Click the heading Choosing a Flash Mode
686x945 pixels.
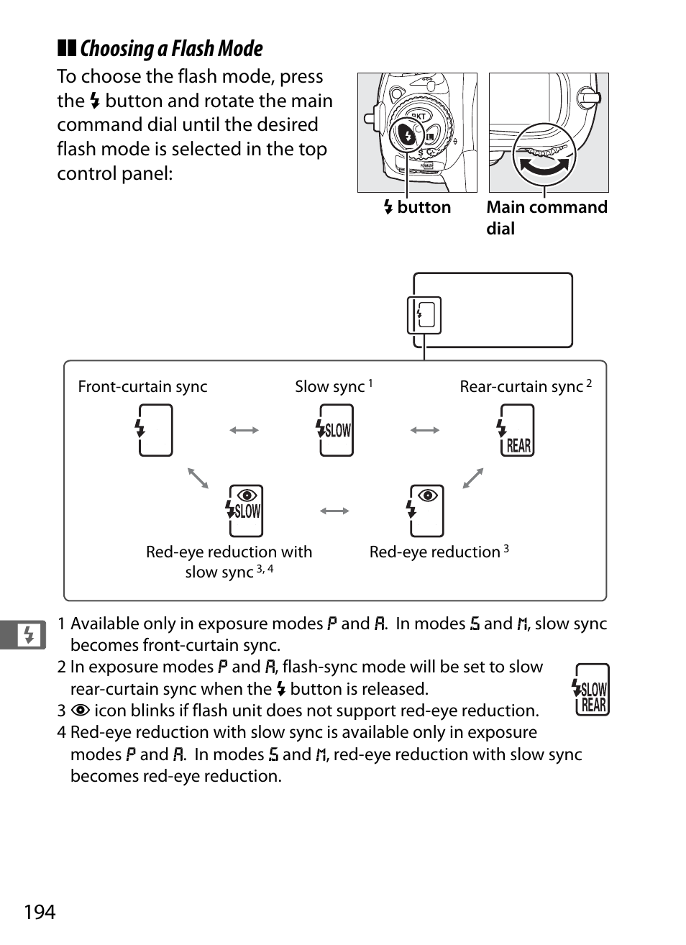coord(171,49)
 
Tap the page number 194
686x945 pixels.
coord(40,912)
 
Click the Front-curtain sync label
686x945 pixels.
coord(142,387)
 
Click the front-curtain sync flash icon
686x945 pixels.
coord(155,430)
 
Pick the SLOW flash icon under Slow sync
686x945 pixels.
coord(335,430)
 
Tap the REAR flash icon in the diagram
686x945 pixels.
coord(516,431)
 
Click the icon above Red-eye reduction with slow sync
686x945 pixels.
coord(244,511)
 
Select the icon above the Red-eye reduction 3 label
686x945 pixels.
coord(426,511)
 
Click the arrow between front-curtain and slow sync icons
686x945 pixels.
coord(244,430)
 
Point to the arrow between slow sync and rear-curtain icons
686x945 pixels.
coord(425,430)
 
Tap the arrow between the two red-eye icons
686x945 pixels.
coord(334,511)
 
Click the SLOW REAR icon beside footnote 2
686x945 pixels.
coord(592,690)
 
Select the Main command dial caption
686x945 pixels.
coord(546,217)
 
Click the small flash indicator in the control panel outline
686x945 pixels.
coord(424,315)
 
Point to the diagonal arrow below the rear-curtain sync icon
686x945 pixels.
coord(473,478)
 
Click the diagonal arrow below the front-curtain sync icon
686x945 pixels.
coord(198,478)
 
